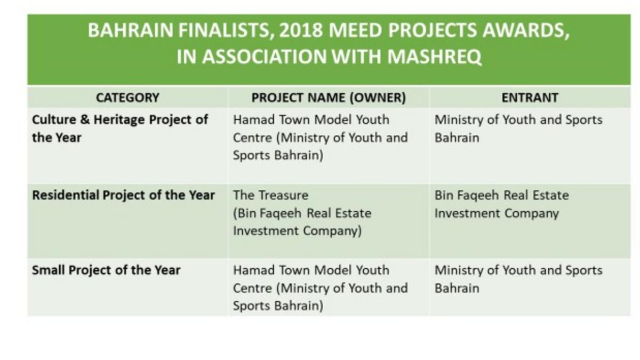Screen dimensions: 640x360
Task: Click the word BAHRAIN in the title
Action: click(x=130, y=30)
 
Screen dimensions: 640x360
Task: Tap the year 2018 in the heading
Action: click(x=301, y=30)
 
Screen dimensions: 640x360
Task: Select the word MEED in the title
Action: click(x=355, y=30)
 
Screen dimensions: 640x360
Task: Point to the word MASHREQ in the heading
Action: click(x=434, y=57)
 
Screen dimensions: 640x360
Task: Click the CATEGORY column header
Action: click(x=127, y=98)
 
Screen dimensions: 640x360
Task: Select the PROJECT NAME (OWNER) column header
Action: click(x=329, y=98)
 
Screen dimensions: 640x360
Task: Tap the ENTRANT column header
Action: click(x=530, y=98)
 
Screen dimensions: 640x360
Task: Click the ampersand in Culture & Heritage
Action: click(x=85, y=119)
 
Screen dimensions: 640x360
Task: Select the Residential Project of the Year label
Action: click(x=123, y=196)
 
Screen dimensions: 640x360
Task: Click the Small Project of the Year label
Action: click(x=106, y=270)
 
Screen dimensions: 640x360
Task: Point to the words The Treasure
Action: click(x=270, y=195)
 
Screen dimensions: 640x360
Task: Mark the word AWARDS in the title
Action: click(x=526, y=30)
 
